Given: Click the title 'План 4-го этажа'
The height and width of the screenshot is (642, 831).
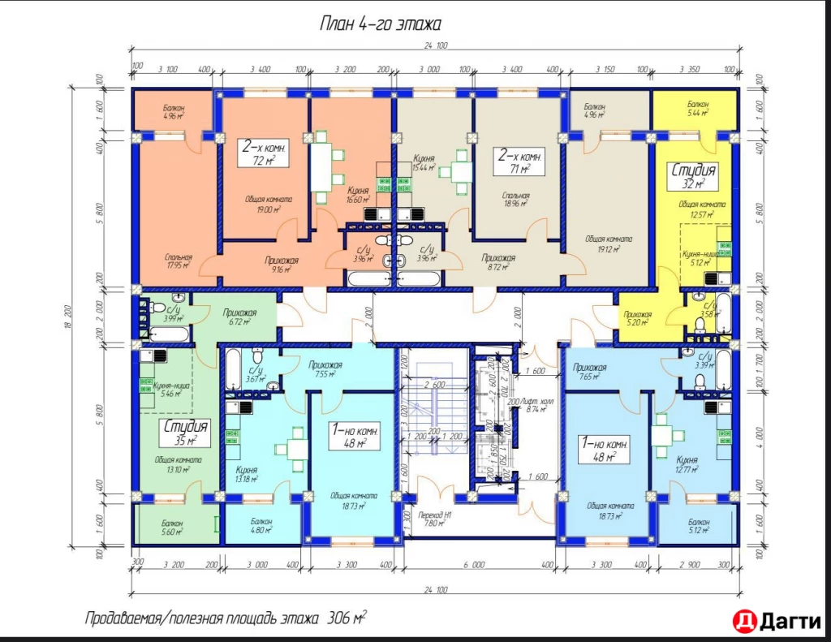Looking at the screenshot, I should pyautogui.click(x=380, y=25).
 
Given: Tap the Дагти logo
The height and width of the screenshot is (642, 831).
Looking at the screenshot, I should pyautogui.click(x=776, y=621).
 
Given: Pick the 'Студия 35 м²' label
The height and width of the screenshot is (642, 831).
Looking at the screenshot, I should pyautogui.click(x=187, y=433).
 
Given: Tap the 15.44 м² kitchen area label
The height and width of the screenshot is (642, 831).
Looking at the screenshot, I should pyautogui.click(x=425, y=164).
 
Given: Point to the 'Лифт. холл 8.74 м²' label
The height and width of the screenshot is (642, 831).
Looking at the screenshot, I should pyautogui.click(x=534, y=406).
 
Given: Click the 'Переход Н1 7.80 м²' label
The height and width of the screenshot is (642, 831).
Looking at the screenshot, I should pyautogui.click(x=436, y=519).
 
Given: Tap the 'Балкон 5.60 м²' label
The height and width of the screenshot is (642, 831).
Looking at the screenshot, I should pyautogui.click(x=171, y=528).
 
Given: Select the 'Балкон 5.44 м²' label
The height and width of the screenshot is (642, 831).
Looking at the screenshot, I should pyautogui.click(x=697, y=110).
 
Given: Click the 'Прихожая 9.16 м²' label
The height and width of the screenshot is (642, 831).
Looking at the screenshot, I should pyautogui.click(x=282, y=264).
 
